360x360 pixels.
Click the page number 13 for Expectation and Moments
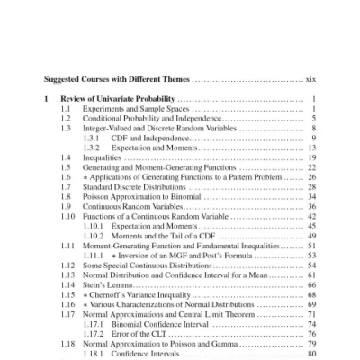coord(311,148)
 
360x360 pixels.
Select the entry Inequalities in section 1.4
coord(103,157)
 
